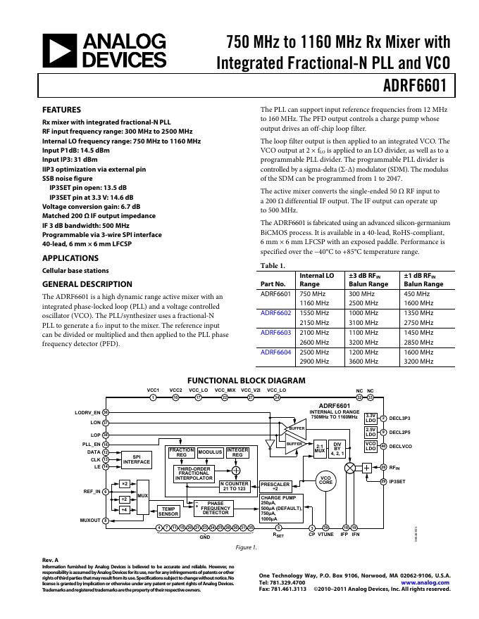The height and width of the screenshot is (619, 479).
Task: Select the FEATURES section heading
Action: (62, 110)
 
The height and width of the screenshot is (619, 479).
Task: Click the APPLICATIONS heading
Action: (70, 258)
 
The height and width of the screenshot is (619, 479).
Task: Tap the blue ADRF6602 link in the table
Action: (275, 312)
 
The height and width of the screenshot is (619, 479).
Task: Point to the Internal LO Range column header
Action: (317, 280)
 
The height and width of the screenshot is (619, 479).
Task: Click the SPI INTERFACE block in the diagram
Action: (137, 459)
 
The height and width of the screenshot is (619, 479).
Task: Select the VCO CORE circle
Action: (325, 480)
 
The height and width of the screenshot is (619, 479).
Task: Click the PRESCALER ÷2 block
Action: (275, 487)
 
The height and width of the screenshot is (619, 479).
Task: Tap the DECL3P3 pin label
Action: (400, 419)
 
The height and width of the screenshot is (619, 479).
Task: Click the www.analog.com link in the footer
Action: (425, 582)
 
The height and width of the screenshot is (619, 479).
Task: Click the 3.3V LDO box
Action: (371, 418)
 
